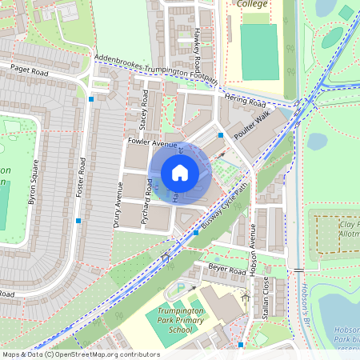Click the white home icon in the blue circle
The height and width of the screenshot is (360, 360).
[x=180, y=173]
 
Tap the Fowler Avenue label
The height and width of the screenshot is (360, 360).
[x=152, y=142]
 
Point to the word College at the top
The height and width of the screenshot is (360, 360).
[x=253, y=4]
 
